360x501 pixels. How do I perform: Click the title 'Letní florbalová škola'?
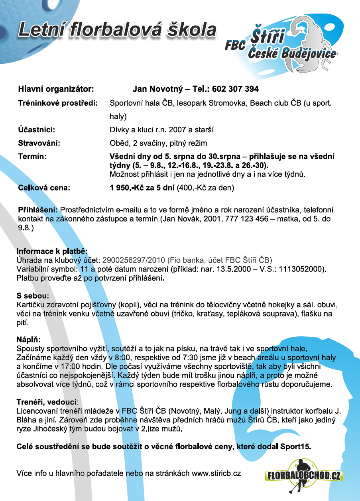point(117,31)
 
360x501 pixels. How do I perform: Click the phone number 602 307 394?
point(235,88)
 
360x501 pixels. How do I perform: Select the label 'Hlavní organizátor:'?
point(56,88)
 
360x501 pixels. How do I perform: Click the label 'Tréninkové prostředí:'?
point(58,103)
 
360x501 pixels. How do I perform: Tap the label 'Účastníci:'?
point(36,130)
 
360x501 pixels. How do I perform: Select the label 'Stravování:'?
point(39,143)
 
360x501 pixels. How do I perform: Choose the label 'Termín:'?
point(32,157)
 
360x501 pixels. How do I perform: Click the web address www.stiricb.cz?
point(216,473)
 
